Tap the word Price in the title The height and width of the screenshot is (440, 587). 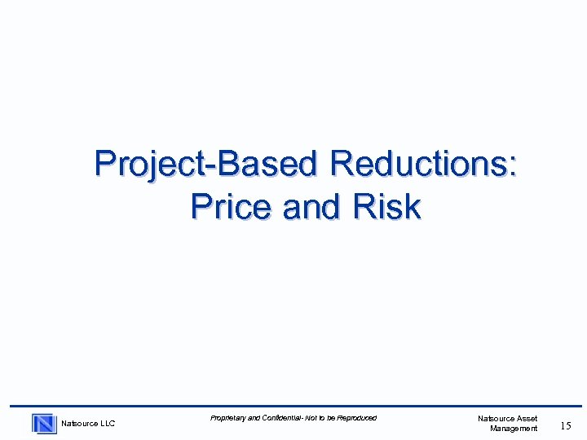tap(231, 207)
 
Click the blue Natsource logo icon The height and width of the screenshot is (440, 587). tap(44, 423)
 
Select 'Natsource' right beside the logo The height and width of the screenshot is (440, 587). tap(78, 423)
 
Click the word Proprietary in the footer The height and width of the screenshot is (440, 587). tap(227, 418)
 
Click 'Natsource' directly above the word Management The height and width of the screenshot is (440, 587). tap(496, 418)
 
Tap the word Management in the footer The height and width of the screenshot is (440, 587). tap(514, 428)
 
